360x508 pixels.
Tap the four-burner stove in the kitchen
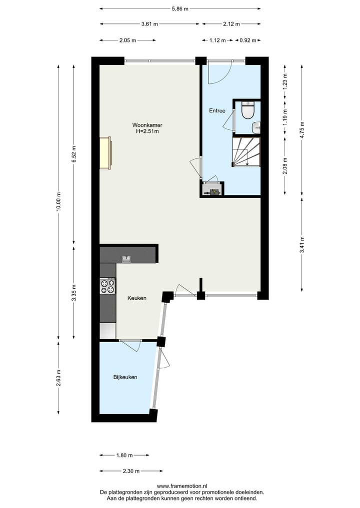pyautogui.click(x=107, y=286)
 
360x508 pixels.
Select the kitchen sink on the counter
pyautogui.click(x=126, y=259)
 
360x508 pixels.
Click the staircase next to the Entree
pyautogui.click(x=246, y=152)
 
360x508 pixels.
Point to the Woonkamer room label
pyautogui.click(x=147, y=125)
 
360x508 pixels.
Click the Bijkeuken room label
pyautogui.click(x=125, y=377)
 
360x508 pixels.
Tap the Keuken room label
pyautogui.click(x=136, y=298)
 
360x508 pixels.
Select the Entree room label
pyautogui.click(x=217, y=111)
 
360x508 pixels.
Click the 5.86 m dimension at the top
pyautogui.click(x=180, y=8)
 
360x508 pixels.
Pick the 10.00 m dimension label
pyautogui.click(x=58, y=202)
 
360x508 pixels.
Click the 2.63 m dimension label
pyautogui.click(x=58, y=377)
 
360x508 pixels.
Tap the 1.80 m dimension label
pyautogui.click(x=124, y=455)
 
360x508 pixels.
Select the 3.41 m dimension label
pyautogui.click(x=302, y=244)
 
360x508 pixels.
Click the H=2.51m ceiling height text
pyautogui.click(x=147, y=132)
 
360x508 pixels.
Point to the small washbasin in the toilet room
pyautogui.click(x=256, y=127)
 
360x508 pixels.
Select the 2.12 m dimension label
pyautogui.click(x=230, y=24)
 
